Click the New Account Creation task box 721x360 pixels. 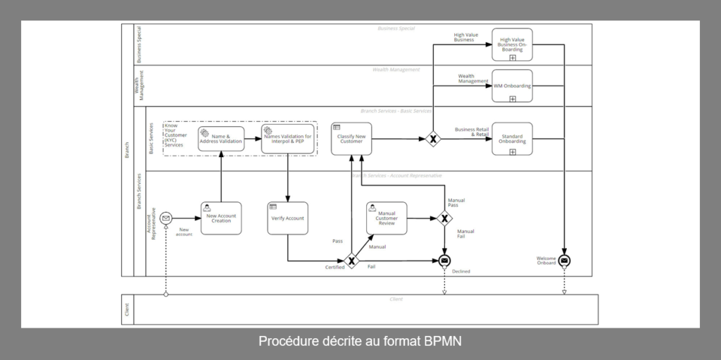click(x=221, y=218)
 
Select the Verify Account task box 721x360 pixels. click(x=287, y=218)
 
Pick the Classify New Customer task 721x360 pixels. click(x=351, y=138)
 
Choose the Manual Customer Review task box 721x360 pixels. click(x=387, y=218)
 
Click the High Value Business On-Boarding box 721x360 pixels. click(x=512, y=44)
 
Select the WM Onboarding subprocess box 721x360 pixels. click(x=512, y=86)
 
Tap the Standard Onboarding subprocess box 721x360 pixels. click(x=512, y=138)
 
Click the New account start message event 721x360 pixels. click(x=166, y=218)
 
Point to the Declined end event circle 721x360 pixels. click(x=444, y=261)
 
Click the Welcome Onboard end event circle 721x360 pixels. click(x=564, y=261)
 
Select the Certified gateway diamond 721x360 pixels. click(x=351, y=261)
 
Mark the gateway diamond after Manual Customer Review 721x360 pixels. click(x=444, y=218)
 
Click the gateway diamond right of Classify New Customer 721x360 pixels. click(x=433, y=139)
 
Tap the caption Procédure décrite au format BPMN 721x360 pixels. click(x=360, y=342)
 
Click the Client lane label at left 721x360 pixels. click(x=127, y=309)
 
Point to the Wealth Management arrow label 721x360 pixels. click(x=472, y=79)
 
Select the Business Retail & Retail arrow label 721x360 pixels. click(x=472, y=132)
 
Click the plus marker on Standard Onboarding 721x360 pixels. click(x=513, y=151)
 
